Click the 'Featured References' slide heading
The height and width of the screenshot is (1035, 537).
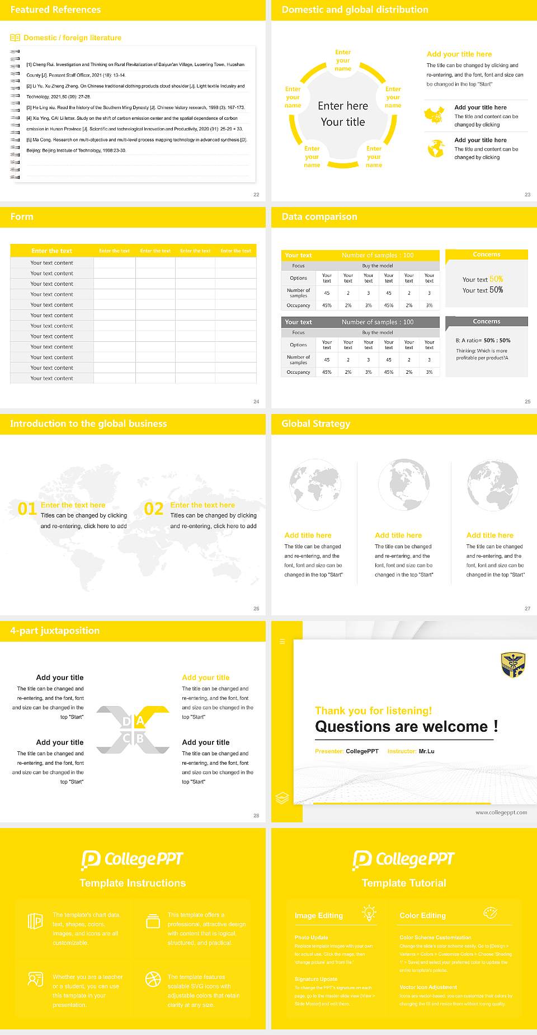tap(55, 10)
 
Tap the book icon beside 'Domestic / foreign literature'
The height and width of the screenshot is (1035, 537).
tap(15, 38)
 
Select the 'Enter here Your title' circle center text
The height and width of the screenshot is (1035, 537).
tap(342, 114)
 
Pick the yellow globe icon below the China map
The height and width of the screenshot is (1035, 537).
tap(436, 148)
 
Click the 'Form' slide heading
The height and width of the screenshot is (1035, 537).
tap(22, 217)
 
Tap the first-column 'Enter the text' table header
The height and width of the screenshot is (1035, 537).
tap(52, 251)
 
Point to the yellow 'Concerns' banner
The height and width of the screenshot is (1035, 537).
tap(486, 255)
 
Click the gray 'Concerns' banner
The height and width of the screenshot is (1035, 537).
tap(486, 322)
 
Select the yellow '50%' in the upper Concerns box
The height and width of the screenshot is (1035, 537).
tap(496, 279)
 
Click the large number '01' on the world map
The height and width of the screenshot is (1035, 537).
tap(27, 509)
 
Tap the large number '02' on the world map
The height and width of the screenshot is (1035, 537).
tap(154, 509)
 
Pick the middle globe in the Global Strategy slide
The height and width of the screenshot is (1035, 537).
tap(403, 484)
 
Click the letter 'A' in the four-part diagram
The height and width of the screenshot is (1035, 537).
tap(140, 721)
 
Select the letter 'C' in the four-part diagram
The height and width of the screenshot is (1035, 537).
tap(126, 738)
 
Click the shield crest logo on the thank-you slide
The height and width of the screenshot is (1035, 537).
tap(512, 665)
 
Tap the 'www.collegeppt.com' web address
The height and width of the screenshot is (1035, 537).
tap(501, 812)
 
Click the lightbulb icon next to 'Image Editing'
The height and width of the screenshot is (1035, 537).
tap(369, 913)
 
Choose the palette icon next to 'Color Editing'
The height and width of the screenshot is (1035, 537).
tap(490, 913)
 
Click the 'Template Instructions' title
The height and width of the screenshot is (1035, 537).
tap(133, 883)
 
